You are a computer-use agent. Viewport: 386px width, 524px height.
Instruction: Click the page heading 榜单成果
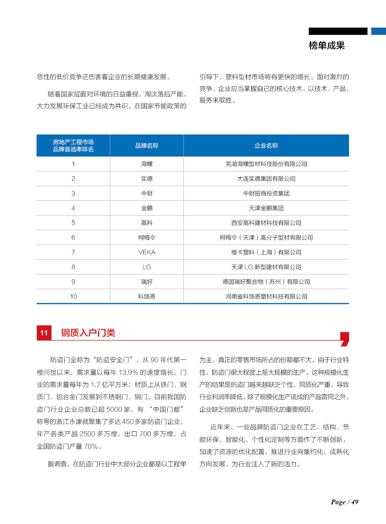pos(326,46)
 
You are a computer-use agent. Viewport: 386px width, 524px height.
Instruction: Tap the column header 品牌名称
pos(147,145)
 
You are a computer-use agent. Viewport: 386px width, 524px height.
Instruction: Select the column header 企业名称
pos(266,145)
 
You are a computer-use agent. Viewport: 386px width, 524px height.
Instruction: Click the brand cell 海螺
pos(147,164)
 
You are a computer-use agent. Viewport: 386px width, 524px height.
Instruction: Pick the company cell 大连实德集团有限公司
pos(266,179)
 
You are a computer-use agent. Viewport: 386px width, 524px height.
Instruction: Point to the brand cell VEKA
pos(147,252)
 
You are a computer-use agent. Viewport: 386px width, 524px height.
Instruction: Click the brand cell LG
pos(147,267)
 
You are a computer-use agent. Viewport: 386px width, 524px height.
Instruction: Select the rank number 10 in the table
pos(73,297)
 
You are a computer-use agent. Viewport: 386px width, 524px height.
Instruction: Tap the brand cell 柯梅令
pos(147,238)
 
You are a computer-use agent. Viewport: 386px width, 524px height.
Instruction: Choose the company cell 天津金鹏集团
pos(266,208)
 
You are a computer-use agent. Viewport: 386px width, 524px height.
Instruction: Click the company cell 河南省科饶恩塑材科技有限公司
pos(266,297)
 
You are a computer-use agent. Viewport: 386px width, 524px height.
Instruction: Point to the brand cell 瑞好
pos(147,282)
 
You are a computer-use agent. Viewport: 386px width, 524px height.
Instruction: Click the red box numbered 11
pos(44,333)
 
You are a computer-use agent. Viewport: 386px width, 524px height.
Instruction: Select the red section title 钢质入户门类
pos(88,333)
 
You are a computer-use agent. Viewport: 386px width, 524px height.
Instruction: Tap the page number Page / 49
pos(344,502)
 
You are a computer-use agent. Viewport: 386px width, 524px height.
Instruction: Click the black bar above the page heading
pos(338,31)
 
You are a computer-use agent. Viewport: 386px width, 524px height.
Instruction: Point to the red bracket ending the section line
pos(345,339)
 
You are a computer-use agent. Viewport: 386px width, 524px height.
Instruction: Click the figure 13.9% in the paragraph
pos(128,372)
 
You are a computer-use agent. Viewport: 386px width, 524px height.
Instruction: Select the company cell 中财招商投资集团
pos(266,194)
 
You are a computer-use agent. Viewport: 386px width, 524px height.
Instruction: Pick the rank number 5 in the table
pos(73,223)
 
